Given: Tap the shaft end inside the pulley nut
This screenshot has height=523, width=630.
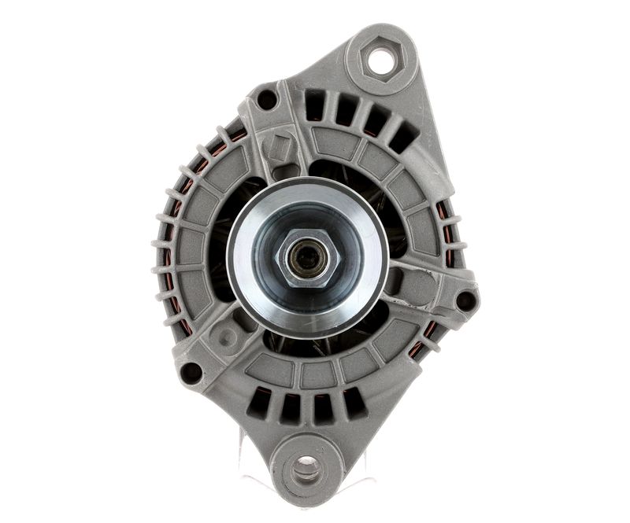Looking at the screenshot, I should [304, 257].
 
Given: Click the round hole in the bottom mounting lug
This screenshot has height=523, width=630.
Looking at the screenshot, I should [306, 470].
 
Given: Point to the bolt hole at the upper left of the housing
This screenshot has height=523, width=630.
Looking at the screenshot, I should [267, 99].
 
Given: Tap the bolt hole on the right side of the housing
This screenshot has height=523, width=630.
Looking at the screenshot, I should [466, 300].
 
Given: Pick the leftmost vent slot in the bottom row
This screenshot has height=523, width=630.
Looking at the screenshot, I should [258, 403].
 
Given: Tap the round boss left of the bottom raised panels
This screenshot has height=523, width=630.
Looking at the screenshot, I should [228, 338].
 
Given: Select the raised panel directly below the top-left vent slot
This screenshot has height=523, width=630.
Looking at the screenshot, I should [327, 143].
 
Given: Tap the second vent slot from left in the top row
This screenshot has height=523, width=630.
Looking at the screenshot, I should [345, 111].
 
